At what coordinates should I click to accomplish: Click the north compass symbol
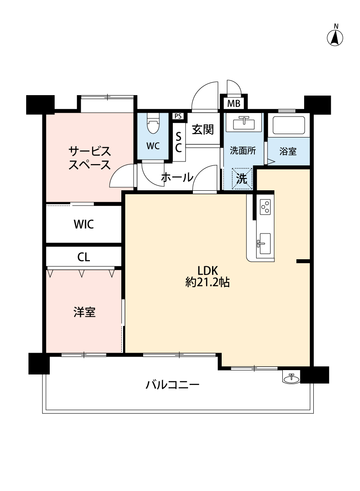point(335,36)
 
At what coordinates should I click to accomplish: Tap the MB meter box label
point(233,103)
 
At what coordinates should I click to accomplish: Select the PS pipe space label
point(178,116)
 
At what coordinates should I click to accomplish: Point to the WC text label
point(153,146)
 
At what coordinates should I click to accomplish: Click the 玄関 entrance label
point(203,129)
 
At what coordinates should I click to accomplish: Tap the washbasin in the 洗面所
point(243,123)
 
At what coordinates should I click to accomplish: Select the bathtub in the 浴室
point(288,125)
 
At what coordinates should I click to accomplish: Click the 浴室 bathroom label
point(288,151)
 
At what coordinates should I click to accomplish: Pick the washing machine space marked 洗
point(242,179)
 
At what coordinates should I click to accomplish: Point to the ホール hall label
point(177,177)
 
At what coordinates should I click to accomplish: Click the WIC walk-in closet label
point(84,224)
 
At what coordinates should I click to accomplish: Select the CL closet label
point(84,257)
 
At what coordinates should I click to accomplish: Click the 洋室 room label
point(85,312)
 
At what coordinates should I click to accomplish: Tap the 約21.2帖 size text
point(208,282)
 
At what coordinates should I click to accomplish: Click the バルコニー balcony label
point(172,385)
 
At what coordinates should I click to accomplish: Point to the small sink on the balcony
point(291,377)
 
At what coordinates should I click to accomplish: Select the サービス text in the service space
point(90,151)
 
